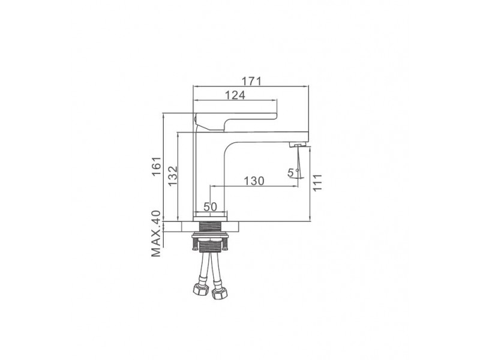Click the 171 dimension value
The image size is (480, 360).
(x=251, y=82)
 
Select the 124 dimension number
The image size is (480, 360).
(x=235, y=95)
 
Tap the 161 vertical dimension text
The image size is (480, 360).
(x=157, y=166)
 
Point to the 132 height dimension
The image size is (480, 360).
(x=173, y=176)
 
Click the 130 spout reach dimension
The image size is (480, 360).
(x=254, y=181)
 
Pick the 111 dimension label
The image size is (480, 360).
(x=317, y=182)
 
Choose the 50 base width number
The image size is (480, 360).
(x=211, y=207)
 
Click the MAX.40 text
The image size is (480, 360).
(x=156, y=233)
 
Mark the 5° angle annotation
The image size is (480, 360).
(x=293, y=173)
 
